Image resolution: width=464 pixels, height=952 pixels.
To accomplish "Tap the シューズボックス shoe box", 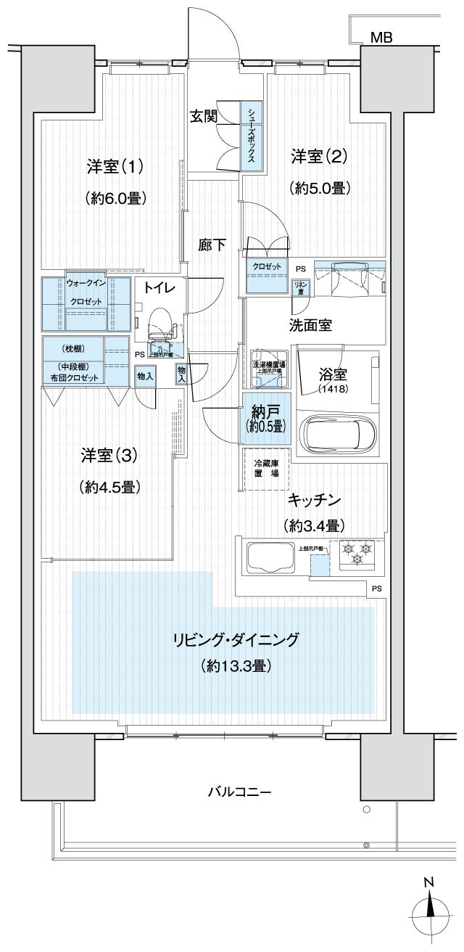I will pyautogui.click(x=251, y=136).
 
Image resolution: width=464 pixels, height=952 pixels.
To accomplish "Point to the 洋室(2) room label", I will pyautogui.click(x=320, y=156).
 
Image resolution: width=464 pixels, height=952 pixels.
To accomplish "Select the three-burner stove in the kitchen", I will pyautogui.click(x=355, y=555).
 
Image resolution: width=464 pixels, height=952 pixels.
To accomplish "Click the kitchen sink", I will pyautogui.click(x=269, y=557).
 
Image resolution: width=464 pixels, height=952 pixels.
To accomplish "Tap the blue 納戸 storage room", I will pyautogui.click(x=265, y=419).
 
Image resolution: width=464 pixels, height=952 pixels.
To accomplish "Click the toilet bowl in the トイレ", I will pyautogui.click(x=159, y=320).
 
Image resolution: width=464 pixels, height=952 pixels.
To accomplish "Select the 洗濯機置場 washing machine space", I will pyautogui.click(x=269, y=370).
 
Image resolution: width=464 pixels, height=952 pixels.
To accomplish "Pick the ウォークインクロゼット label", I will pyautogui.click(x=86, y=292).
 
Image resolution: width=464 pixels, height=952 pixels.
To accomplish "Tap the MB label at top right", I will pyautogui.click(x=381, y=38).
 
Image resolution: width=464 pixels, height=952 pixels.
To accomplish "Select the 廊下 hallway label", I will pyautogui.click(x=212, y=245).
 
